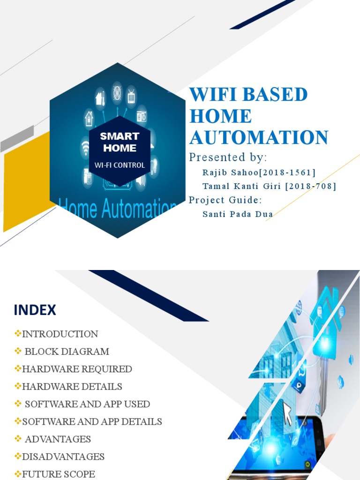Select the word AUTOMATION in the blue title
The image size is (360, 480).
pos(258,138)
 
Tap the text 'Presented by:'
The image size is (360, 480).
pos(227,157)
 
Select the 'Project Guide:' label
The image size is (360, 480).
pos(225,200)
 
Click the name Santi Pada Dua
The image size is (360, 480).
pos(238,214)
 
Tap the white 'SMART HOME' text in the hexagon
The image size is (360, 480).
pos(120,142)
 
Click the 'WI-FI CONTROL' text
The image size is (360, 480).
pos(120,165)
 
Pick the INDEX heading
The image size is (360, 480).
pos(35,310)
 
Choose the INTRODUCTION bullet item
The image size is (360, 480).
pos(60,334)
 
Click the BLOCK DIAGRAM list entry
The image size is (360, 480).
pos(67,352)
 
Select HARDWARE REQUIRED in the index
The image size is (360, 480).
pos(77,369)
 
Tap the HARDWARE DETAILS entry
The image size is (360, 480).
pos(72,387)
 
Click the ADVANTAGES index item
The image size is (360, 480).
pos(58,439)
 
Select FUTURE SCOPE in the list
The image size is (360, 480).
pos(59,474)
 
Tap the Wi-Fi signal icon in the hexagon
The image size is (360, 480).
pos(86,146)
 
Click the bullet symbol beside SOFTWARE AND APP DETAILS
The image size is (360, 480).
pos(18,421)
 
